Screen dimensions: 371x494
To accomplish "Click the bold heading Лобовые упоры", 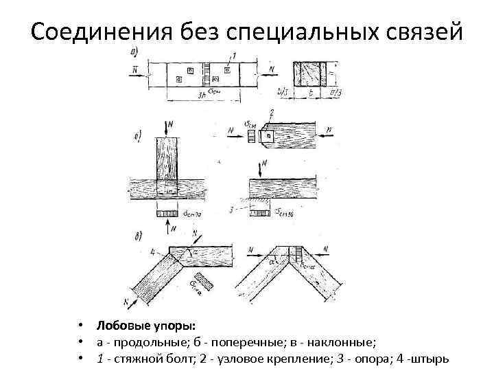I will click(x=145, y=324).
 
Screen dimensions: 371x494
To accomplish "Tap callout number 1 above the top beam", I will click(x=234, y=56).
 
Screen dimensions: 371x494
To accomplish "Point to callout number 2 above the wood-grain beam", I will click(x=272, y=113).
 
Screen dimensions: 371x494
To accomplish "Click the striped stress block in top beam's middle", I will click(x=206, y=73).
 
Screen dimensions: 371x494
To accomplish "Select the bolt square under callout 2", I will click(x=270, y=136).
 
